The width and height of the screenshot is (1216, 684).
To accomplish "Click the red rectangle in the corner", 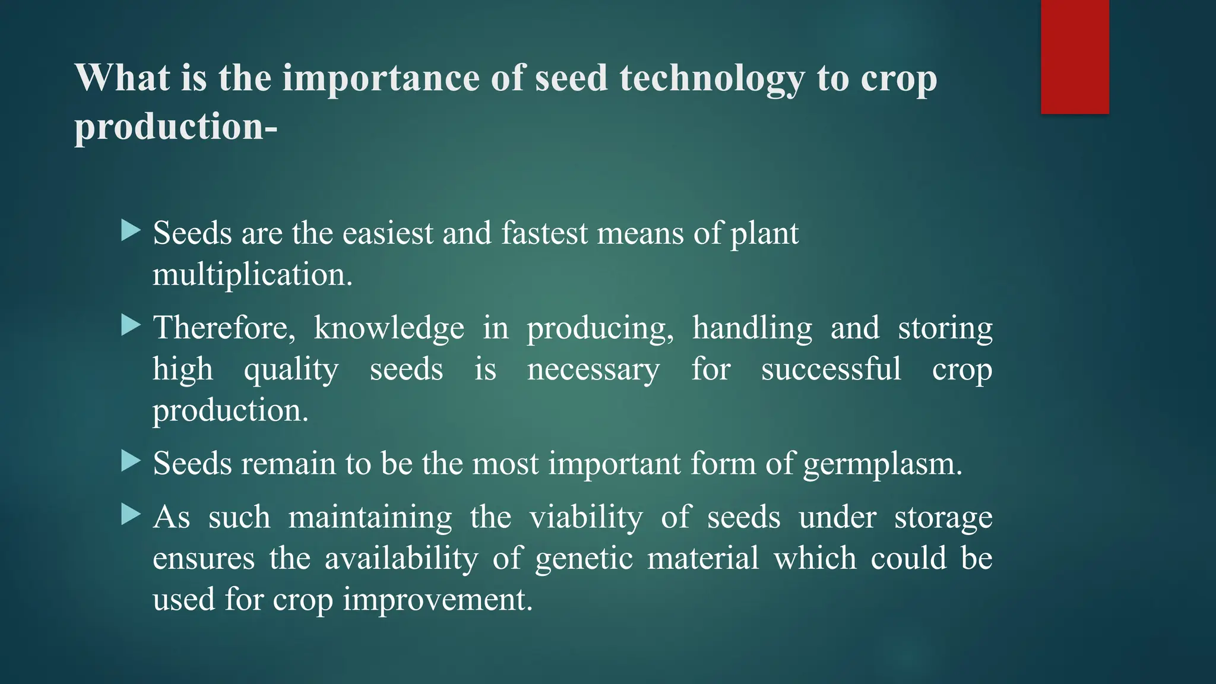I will tap(1075, 56).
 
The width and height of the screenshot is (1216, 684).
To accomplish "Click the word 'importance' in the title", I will tap(381, 78).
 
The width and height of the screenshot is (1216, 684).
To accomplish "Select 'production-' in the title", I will tap(176, 126).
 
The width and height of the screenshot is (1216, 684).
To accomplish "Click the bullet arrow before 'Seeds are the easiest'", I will tap(130, 230).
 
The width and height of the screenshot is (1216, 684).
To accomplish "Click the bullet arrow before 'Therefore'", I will tap(130, 325).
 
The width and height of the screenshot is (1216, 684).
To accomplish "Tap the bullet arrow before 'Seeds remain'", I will tap(130, 461).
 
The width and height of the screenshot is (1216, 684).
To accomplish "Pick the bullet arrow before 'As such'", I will tap(130, 515).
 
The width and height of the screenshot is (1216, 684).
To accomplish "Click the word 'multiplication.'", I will tap(252, 275).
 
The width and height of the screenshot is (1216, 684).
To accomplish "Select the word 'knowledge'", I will tap(389, 328).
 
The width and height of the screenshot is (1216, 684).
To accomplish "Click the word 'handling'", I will tap(752, 328).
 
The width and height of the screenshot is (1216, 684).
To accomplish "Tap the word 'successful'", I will tap(831, 369).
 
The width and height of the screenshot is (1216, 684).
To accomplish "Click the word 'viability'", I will tap(586, 517).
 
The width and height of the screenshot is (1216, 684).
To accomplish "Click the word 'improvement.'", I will tap(438, 600).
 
